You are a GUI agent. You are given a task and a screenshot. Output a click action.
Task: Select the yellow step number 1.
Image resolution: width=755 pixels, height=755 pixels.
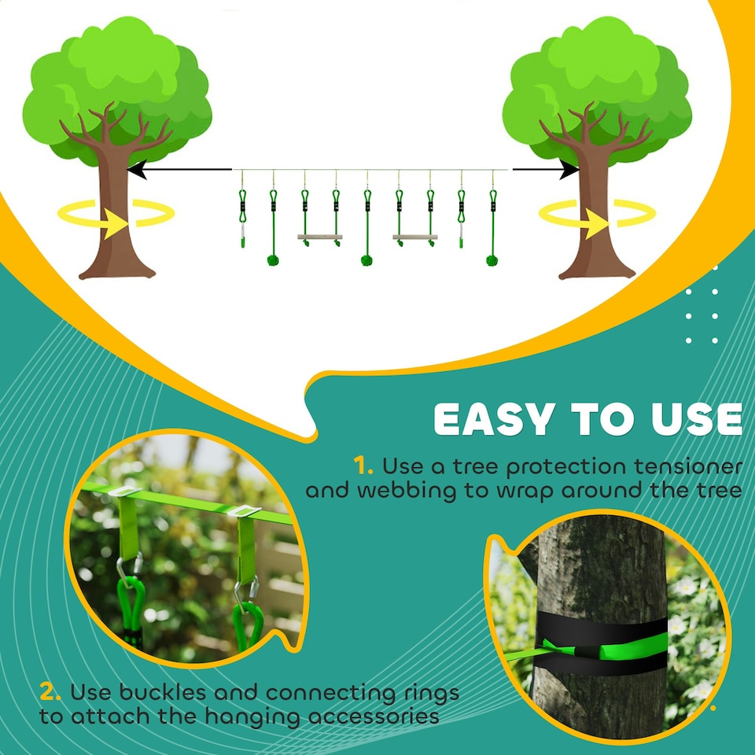coord(363,466)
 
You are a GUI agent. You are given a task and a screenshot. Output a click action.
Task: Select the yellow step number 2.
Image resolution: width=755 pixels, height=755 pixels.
coord(50,693)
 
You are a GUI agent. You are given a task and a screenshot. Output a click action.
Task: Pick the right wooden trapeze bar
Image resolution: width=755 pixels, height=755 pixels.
coord(415,237)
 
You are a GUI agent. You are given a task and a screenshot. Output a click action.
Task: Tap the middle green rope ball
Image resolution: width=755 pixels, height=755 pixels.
coord(366,260)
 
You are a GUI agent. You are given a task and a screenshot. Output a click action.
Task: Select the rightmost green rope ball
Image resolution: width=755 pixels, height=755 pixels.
coord(492,260)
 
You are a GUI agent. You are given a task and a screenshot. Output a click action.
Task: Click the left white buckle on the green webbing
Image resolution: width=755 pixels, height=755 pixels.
coord(126,492)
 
